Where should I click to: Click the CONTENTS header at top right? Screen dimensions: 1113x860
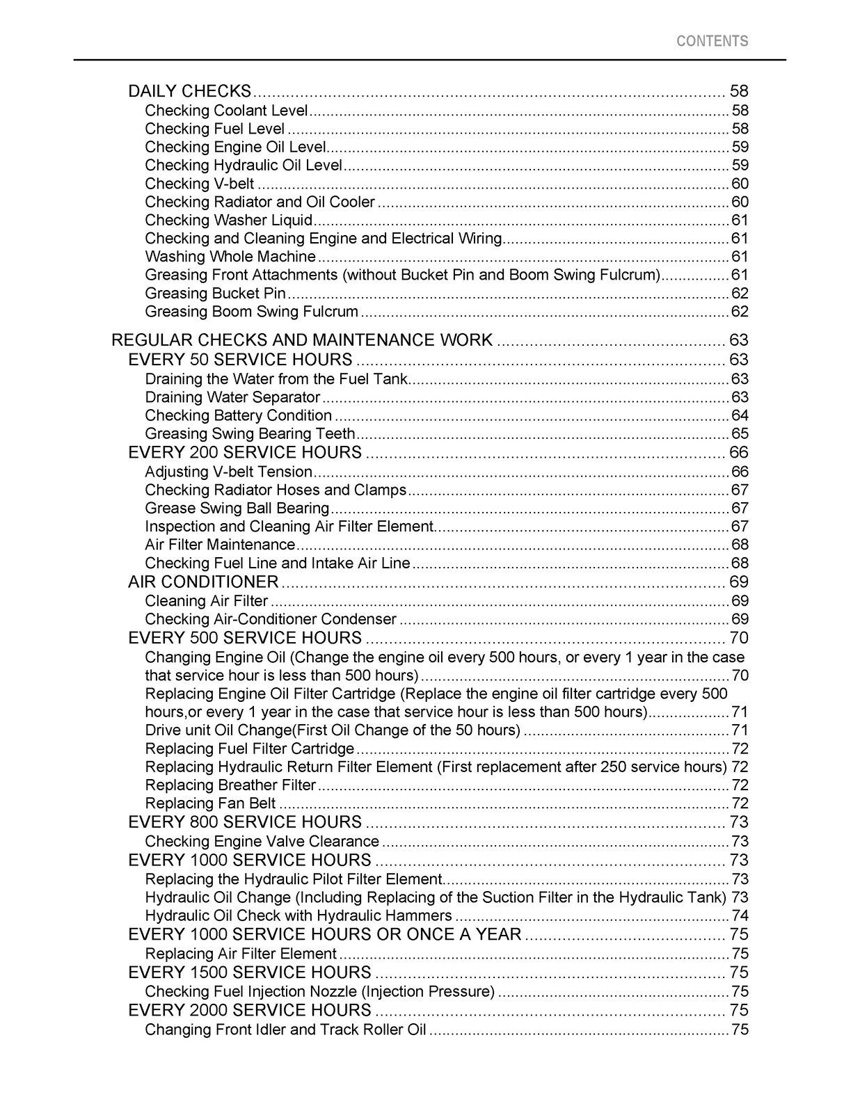(712, 41)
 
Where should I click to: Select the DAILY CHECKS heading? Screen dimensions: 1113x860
(189, 91)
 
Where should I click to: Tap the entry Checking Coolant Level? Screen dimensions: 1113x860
(226, 111)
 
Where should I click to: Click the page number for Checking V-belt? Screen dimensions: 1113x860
(740, 184)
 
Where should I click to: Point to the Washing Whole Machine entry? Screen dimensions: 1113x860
(230, 257)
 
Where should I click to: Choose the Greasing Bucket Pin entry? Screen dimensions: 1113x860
(215, 294)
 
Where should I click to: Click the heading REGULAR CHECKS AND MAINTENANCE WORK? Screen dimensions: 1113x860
(302, 340)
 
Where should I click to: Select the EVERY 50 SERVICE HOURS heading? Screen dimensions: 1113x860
(240, 360)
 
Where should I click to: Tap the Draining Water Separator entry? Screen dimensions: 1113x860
(232, 397)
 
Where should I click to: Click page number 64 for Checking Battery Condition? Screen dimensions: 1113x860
(740, 416)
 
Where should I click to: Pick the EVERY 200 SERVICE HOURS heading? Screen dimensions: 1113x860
(245, 453)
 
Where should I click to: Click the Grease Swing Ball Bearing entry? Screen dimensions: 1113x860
(237, 509)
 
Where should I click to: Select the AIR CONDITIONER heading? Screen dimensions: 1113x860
(203, 582)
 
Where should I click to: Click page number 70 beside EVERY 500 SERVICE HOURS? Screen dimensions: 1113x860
(739, 639)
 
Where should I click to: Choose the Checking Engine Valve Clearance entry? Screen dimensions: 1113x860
(262, 842)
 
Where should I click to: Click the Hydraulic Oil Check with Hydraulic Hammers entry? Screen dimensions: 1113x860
(298, 916)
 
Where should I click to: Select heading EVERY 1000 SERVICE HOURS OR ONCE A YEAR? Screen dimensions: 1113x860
(324, 934)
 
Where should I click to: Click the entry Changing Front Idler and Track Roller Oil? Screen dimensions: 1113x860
(285, 1030)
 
